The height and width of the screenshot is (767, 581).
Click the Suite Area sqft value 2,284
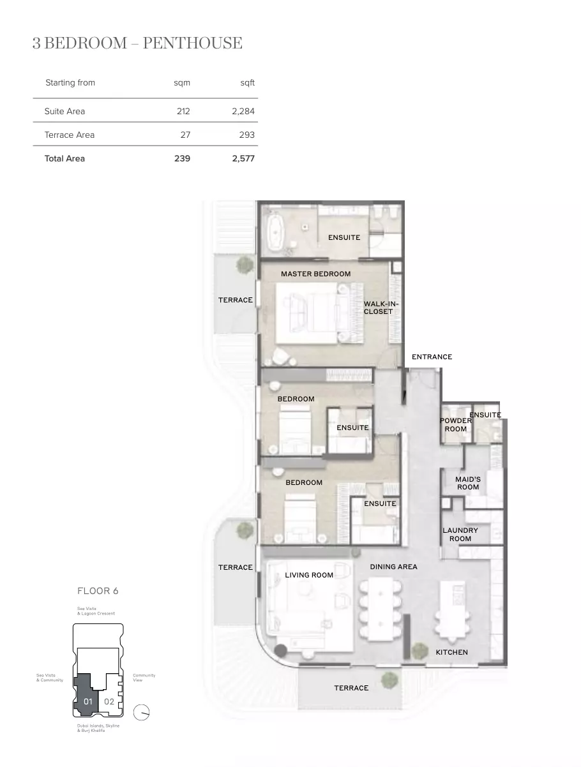click(243, 111)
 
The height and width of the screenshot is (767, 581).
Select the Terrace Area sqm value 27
click(185, 135)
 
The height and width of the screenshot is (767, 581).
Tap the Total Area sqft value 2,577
click(243, 158)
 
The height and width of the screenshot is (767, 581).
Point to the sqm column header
click(182, 83)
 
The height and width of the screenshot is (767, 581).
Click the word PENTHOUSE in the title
click(193, 43)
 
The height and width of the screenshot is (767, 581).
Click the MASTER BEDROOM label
click(315, 274)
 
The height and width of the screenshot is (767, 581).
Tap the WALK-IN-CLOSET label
click(381, 308)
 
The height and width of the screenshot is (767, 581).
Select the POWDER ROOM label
click(456, 424)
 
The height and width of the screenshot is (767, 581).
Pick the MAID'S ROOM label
click(468, 483)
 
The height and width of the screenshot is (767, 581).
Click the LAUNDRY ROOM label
click(460, 534)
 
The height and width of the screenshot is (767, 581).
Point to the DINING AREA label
click(394, 567)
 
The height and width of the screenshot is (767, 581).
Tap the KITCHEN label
click(451, 652)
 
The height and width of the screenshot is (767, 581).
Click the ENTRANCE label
click(432, 357)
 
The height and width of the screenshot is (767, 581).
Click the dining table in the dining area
click(381, 608)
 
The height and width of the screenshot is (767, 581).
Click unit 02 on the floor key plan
click(109, 701)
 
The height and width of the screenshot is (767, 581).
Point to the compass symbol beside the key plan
click(141, 711)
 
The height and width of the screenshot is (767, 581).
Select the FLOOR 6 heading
click(98, 591)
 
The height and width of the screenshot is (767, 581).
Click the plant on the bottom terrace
click(389, 680)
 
